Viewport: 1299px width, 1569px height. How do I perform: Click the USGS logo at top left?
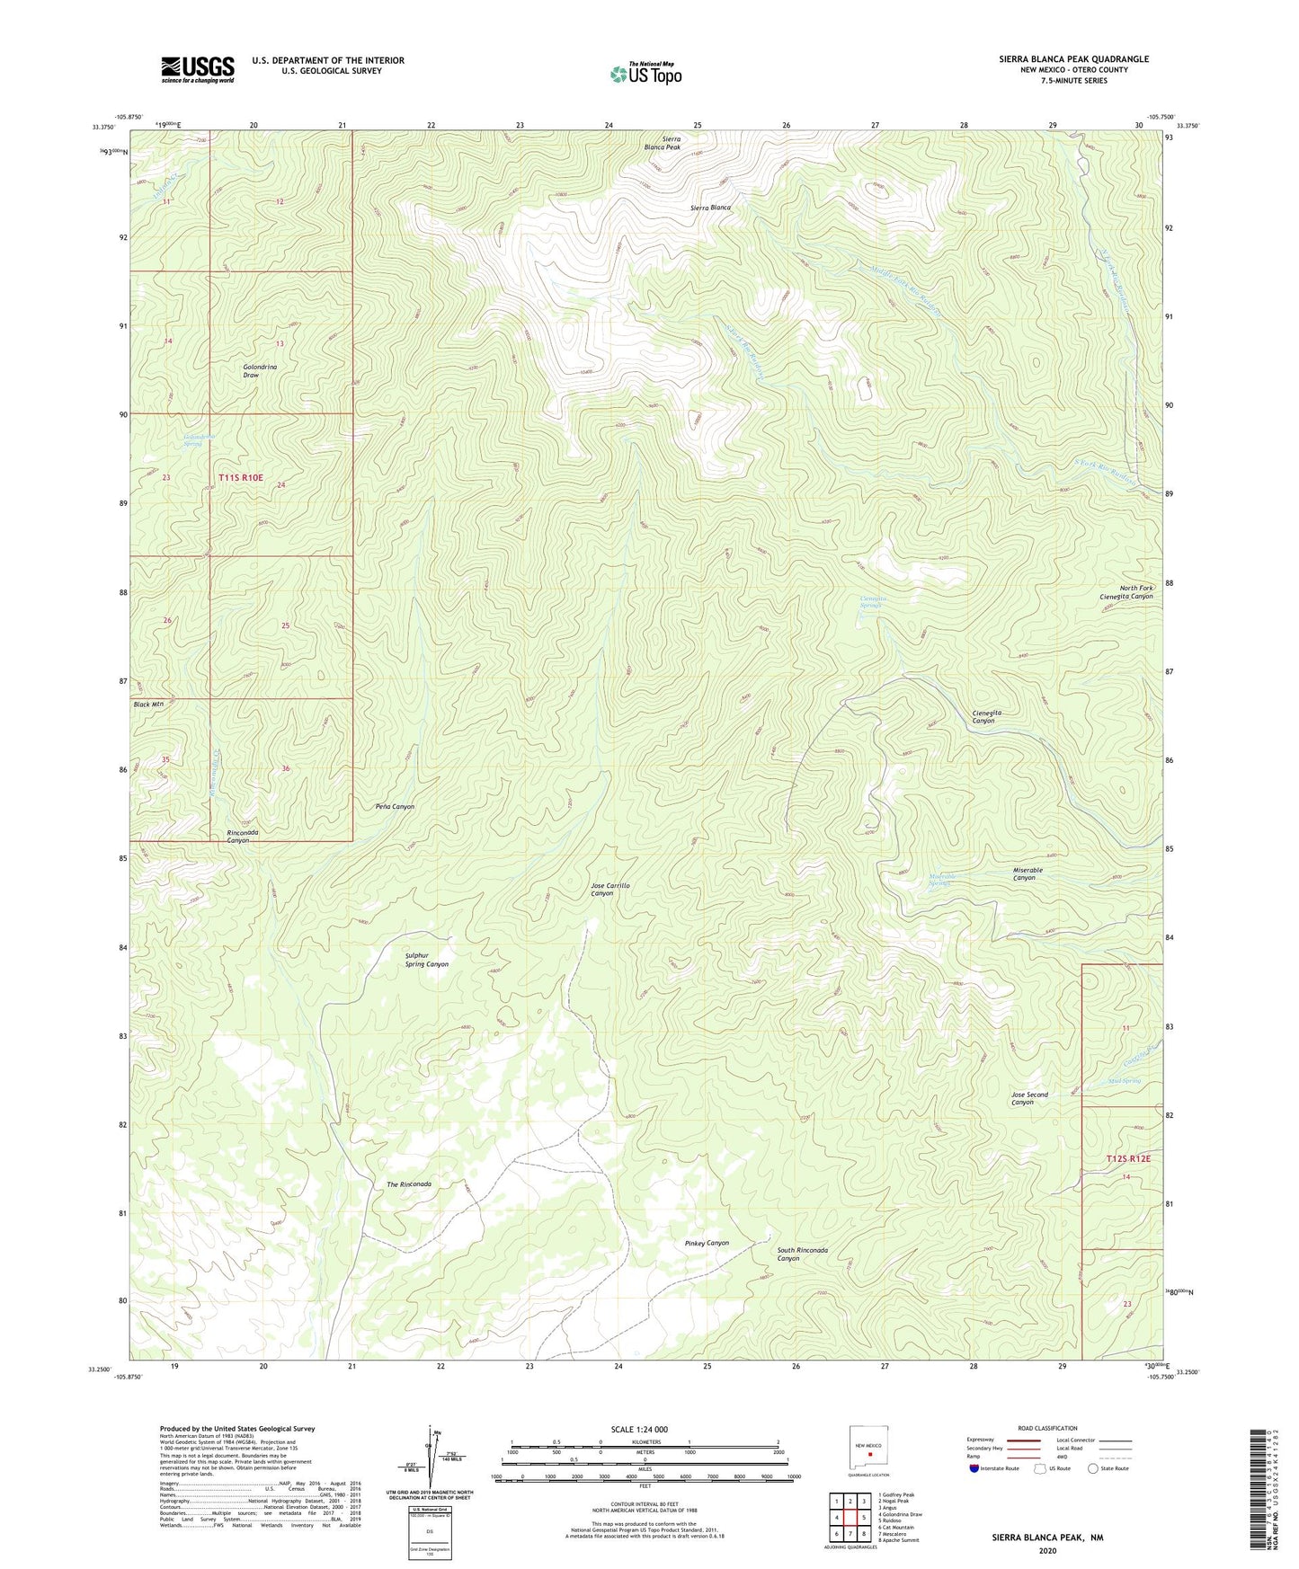(198, 69)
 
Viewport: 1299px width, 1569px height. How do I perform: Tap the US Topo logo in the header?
(645, 74)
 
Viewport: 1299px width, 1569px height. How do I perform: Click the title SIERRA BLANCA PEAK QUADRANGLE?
(1073, 59)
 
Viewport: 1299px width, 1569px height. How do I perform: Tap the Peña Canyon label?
(395, 807)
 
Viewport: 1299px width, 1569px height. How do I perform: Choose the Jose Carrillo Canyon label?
(610, 890)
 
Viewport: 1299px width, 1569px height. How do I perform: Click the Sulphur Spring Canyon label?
(426, 960)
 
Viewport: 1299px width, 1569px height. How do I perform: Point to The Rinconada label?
(409, 1184)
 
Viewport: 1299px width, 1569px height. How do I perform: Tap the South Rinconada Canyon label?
(802, 1254)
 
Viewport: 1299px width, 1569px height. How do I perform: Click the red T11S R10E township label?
(241, 477)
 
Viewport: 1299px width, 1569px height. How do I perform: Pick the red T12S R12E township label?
(1128, 1159)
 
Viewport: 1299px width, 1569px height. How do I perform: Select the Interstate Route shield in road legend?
(974, 1468)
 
